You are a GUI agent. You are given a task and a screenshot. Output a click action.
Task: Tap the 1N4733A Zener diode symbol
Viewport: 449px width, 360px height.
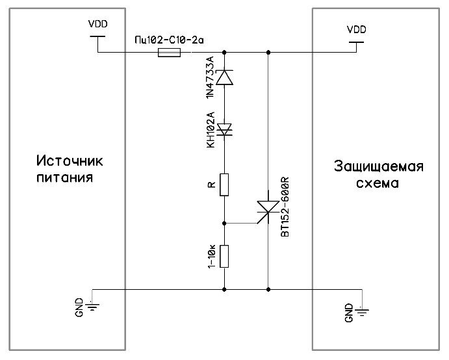pyautogui.click(x=224, y=77)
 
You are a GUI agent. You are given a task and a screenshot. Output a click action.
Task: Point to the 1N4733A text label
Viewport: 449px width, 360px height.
pyautogui.click(x=210, y=77)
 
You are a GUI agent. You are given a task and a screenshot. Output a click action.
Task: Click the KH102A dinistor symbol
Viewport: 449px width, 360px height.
pyautogui.click(x=224, y=131)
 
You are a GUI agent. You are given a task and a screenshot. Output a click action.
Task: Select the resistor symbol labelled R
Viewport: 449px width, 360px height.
pyautogui.click(x=224, y=185)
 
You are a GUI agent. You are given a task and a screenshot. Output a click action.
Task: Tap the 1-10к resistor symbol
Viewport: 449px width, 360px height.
pyautogui.click(x=224, y=256)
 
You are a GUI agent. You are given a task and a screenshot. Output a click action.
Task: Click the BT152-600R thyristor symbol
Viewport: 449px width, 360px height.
pyautogui.click(x=268, y=209)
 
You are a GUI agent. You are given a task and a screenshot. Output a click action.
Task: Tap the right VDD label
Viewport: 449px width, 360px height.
pyautogui.click(x=356, y=29)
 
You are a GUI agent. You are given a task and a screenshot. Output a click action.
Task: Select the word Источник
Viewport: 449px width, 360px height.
pyautogui.click(x=70, y=161)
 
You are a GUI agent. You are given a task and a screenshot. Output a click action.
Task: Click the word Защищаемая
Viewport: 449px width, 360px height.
pyautogui.click(x=379, y=166)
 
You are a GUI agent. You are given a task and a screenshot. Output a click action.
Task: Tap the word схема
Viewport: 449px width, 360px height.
pyautogui.click(x=379, y=183)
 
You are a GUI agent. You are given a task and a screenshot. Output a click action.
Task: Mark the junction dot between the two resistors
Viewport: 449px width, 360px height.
pyautogui.click(x=224, y=223)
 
